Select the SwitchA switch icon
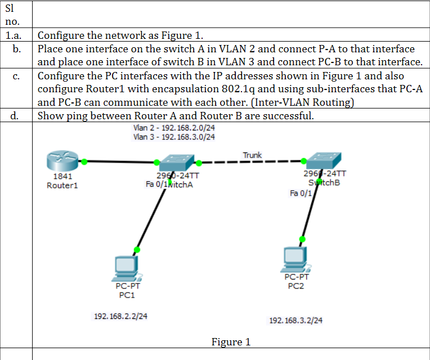click(176, 163)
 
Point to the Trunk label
click(252, 155)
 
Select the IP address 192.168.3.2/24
click(296, 320)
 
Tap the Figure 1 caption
click(231, 342)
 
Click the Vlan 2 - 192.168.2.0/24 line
click(174, 128)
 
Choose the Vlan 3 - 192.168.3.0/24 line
click(174, 137)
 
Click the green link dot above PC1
click(136, 249)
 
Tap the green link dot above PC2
click(302, 239)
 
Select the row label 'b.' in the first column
click(18, 49)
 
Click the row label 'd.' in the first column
click(18, 116)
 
